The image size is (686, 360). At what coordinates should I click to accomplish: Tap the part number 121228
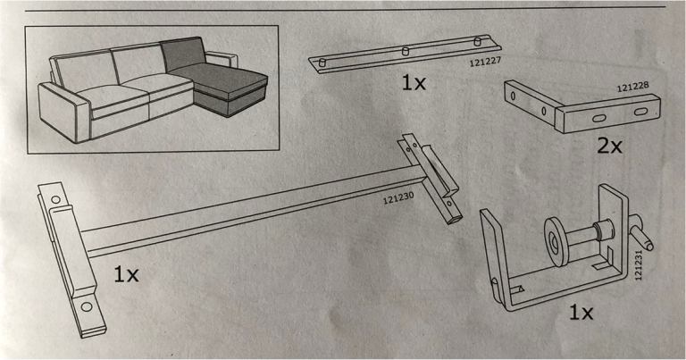pyautogui.click(x=632, y=87)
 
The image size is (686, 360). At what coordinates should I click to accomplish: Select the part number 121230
pyautogui.click(x=398, y=198)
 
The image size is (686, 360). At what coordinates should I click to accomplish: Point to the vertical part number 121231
pyautogui.click(x=639, y=264)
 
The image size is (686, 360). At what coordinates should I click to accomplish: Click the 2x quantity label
pyautogui.click(x=609, y=146)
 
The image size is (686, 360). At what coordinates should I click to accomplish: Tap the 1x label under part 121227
pyautogui.click(x=414, y=83)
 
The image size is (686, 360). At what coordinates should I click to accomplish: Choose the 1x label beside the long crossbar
pyautogui.click(x=126, y=274)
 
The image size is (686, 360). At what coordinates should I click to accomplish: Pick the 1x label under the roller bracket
pyautogui.click(x=581, y=313)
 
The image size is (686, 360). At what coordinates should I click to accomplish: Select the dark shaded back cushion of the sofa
pyautogui.click(x=183, y=54)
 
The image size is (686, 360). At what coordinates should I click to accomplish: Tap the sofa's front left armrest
pyautogui.click(x=64, y=112)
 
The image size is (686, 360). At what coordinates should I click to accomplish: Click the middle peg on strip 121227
pyautogui.click(x=406, y=52)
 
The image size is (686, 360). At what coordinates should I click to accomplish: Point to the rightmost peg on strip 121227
pyautogui.click(x=477, y=42)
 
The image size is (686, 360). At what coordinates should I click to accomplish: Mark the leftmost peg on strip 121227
pyautogui.click(x=322, y=63)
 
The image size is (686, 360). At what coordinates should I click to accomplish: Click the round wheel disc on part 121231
pyautogui.click(x=555, y=242)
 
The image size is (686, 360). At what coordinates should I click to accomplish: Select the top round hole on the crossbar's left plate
pyautogui.click(x=55, y=200)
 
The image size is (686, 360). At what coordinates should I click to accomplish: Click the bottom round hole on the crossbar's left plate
pyautogui.click(x=87, y=306)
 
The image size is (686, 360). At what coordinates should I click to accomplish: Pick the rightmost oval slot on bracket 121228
pyautogui.click(x=640, y=112)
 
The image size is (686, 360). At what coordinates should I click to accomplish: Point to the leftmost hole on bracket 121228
pyautogui.click(x=514, y=96)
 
